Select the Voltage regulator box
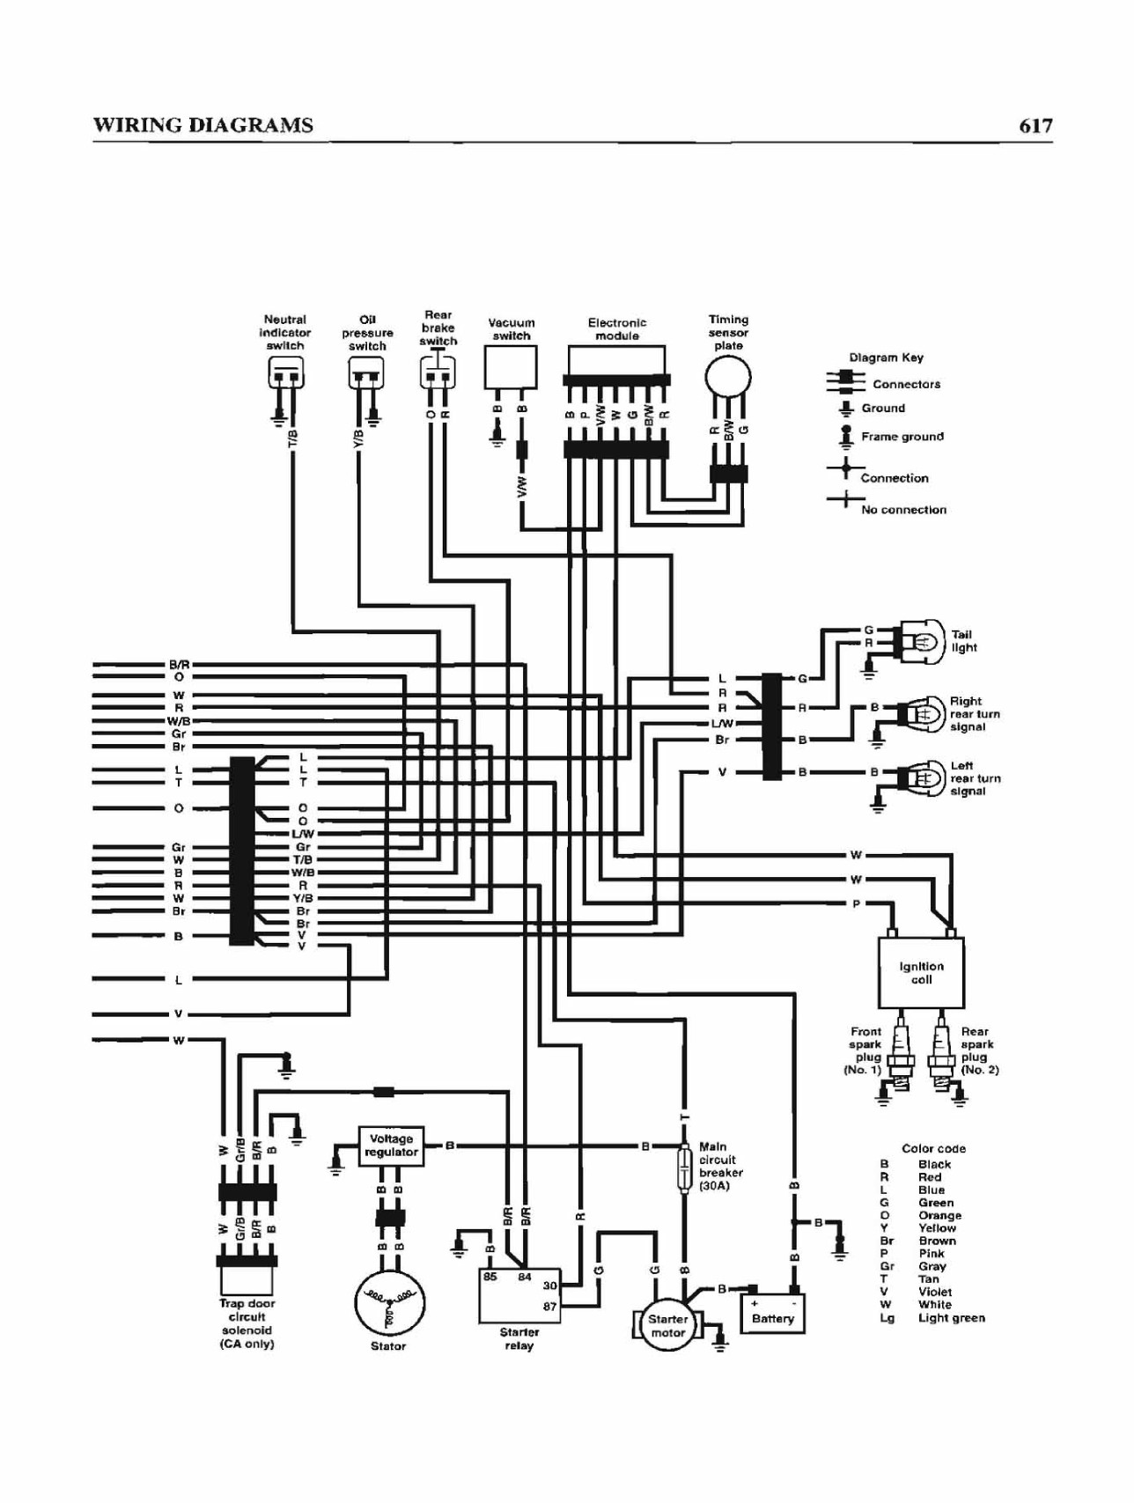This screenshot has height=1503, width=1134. [391, 1146]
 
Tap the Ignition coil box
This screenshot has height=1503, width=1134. [921, 972]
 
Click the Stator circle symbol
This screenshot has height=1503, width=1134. [389, 1304]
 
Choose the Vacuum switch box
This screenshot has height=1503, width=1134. [511, 367]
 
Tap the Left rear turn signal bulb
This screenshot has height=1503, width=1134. [919, 777]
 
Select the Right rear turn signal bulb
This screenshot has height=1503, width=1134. [919, 713]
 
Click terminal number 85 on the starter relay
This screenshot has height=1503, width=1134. [490, 1277]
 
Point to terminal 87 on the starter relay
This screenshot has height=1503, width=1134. [550, 1307]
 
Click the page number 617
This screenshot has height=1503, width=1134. [1035, 125]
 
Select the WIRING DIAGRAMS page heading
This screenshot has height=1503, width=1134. [203, 125]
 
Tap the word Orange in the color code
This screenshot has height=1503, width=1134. [939, 1215]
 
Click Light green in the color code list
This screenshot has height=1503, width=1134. [952, 1318]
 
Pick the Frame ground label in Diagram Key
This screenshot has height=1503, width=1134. [902, 436]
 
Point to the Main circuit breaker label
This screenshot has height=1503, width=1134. [721, 1166]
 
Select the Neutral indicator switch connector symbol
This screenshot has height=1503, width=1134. [285, 373]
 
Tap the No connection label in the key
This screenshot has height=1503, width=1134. [903, 510]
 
